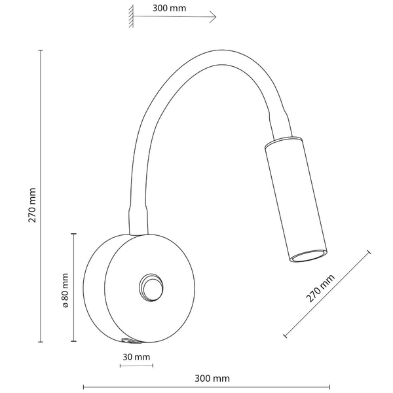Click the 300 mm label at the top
[x=170, y=9]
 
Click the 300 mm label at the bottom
[x=212, y=379]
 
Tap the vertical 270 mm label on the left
[x=32, y=205]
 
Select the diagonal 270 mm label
[x=320, y=288]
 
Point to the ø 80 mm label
[x=65, y=290]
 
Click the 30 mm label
[x=136, y=357]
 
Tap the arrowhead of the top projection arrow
[x=214, y=17]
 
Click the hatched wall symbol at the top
[x=131, y=16]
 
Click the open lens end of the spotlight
[x=309, y=255]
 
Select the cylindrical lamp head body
[x=296, y=199]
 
